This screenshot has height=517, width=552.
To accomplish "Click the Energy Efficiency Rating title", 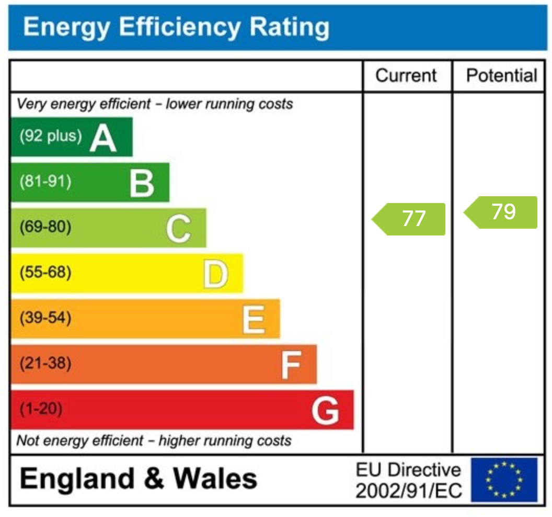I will coord(176,27).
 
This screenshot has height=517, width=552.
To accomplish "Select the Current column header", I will coord(406,75).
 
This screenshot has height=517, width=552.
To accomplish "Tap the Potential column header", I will coord(501,75).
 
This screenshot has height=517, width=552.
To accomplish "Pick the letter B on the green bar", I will coord(142,183).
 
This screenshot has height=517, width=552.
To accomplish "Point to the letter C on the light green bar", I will coord(179,229).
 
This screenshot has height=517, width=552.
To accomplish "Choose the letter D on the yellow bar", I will coord(215,274).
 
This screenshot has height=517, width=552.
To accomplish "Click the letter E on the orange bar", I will coord(254,319).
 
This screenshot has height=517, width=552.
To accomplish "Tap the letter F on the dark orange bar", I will coord(291,365).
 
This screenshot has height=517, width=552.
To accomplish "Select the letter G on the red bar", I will coord(325,410).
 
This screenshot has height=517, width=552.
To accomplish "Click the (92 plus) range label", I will coord(51,137).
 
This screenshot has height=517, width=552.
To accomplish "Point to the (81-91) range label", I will coord(45,182).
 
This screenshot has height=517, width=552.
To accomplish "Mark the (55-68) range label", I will coord(45,273).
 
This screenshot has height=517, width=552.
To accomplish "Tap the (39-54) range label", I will coord(45,318).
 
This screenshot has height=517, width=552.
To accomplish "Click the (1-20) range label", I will coord(41,409).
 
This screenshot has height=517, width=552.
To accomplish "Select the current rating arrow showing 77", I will coord(409,219).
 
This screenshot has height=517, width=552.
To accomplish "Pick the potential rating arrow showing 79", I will coord(501,212).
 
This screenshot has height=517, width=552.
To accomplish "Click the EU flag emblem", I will coord(504,479).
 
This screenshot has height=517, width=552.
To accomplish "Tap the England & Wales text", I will coord(139,478).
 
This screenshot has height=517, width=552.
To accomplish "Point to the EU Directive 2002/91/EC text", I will coord(408,480).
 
